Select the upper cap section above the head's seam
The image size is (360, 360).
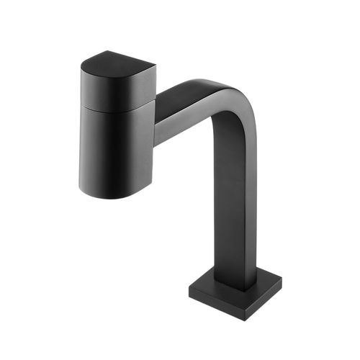pyautogui.click(x=115, y=90)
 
